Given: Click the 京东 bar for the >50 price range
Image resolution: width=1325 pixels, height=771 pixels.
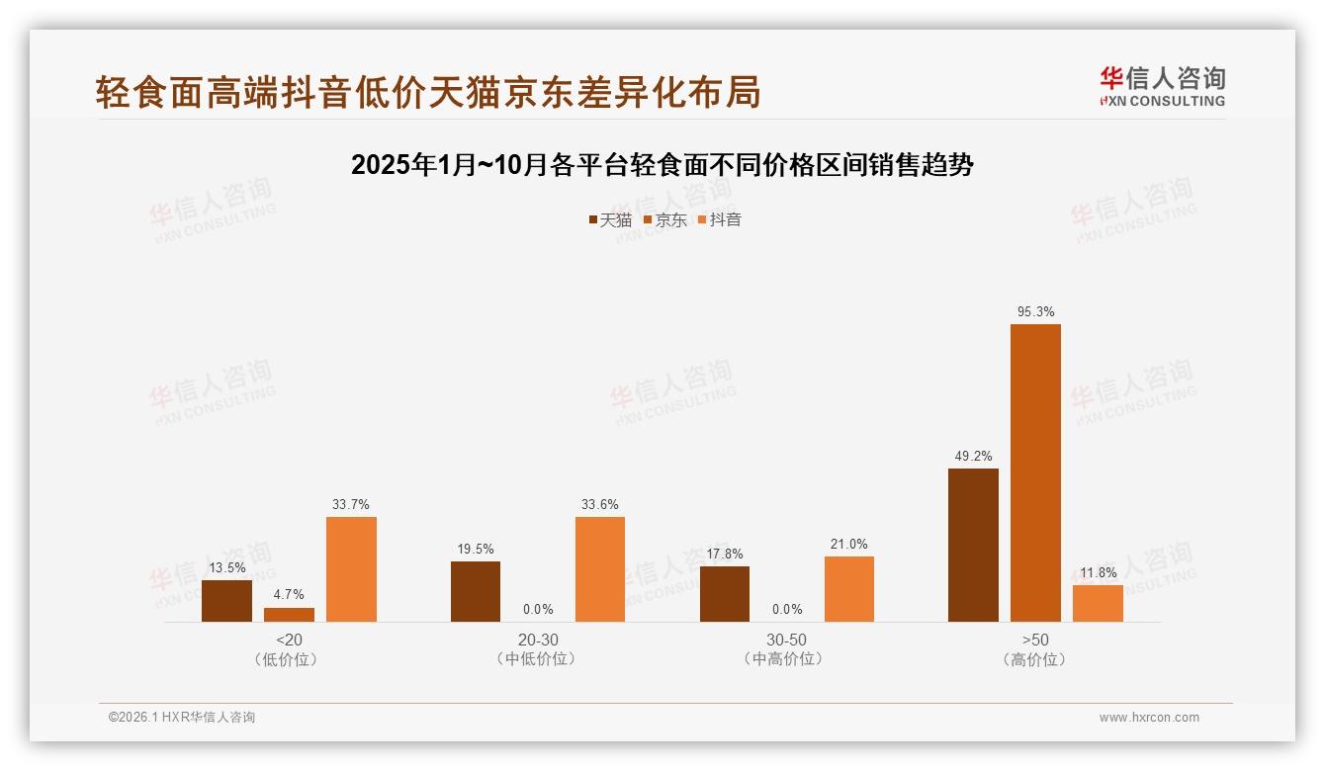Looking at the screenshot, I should pos(1035,472).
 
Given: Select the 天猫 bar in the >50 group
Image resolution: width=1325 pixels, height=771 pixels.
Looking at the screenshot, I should pos(973,545).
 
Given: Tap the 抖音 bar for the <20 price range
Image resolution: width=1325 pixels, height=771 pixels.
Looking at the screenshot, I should pos(351,569).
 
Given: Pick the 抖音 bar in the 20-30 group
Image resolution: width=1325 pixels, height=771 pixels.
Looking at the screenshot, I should pos(600,569).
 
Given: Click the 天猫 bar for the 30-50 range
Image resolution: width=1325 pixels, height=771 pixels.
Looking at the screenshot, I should pos(725,594).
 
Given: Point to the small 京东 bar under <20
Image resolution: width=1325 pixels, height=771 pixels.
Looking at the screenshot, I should pos(289,615).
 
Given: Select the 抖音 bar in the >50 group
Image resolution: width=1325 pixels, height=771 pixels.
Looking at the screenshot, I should pos(1098,603).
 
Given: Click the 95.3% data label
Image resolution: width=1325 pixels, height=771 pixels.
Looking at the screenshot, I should pos(1035,312).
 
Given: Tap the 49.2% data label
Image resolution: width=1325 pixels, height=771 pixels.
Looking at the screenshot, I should pos(973,457).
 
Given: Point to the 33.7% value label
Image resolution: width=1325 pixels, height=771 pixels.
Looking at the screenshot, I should pos(351,505).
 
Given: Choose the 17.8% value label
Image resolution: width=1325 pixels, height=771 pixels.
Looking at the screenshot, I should pos(725,555).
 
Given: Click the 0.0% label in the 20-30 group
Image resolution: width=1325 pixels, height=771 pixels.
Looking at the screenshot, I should pos(538,610).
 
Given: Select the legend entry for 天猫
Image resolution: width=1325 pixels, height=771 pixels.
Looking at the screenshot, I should pos(610,220).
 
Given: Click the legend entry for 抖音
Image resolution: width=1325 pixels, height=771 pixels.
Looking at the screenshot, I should pos(720,220).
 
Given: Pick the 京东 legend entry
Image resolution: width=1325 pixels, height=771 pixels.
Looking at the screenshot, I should pos(665,220).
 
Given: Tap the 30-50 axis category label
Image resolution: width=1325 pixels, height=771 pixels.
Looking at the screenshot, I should pos(786,641).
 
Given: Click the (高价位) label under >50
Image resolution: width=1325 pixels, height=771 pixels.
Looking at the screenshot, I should pos(1034,659).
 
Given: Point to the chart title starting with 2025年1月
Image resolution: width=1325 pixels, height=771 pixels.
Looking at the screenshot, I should pos(662,165).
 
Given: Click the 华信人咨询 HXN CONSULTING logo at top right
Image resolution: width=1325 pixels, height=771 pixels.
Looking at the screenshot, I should pos(1162,87).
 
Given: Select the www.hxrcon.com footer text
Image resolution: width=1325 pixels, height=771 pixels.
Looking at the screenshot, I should pos(1149,718).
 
